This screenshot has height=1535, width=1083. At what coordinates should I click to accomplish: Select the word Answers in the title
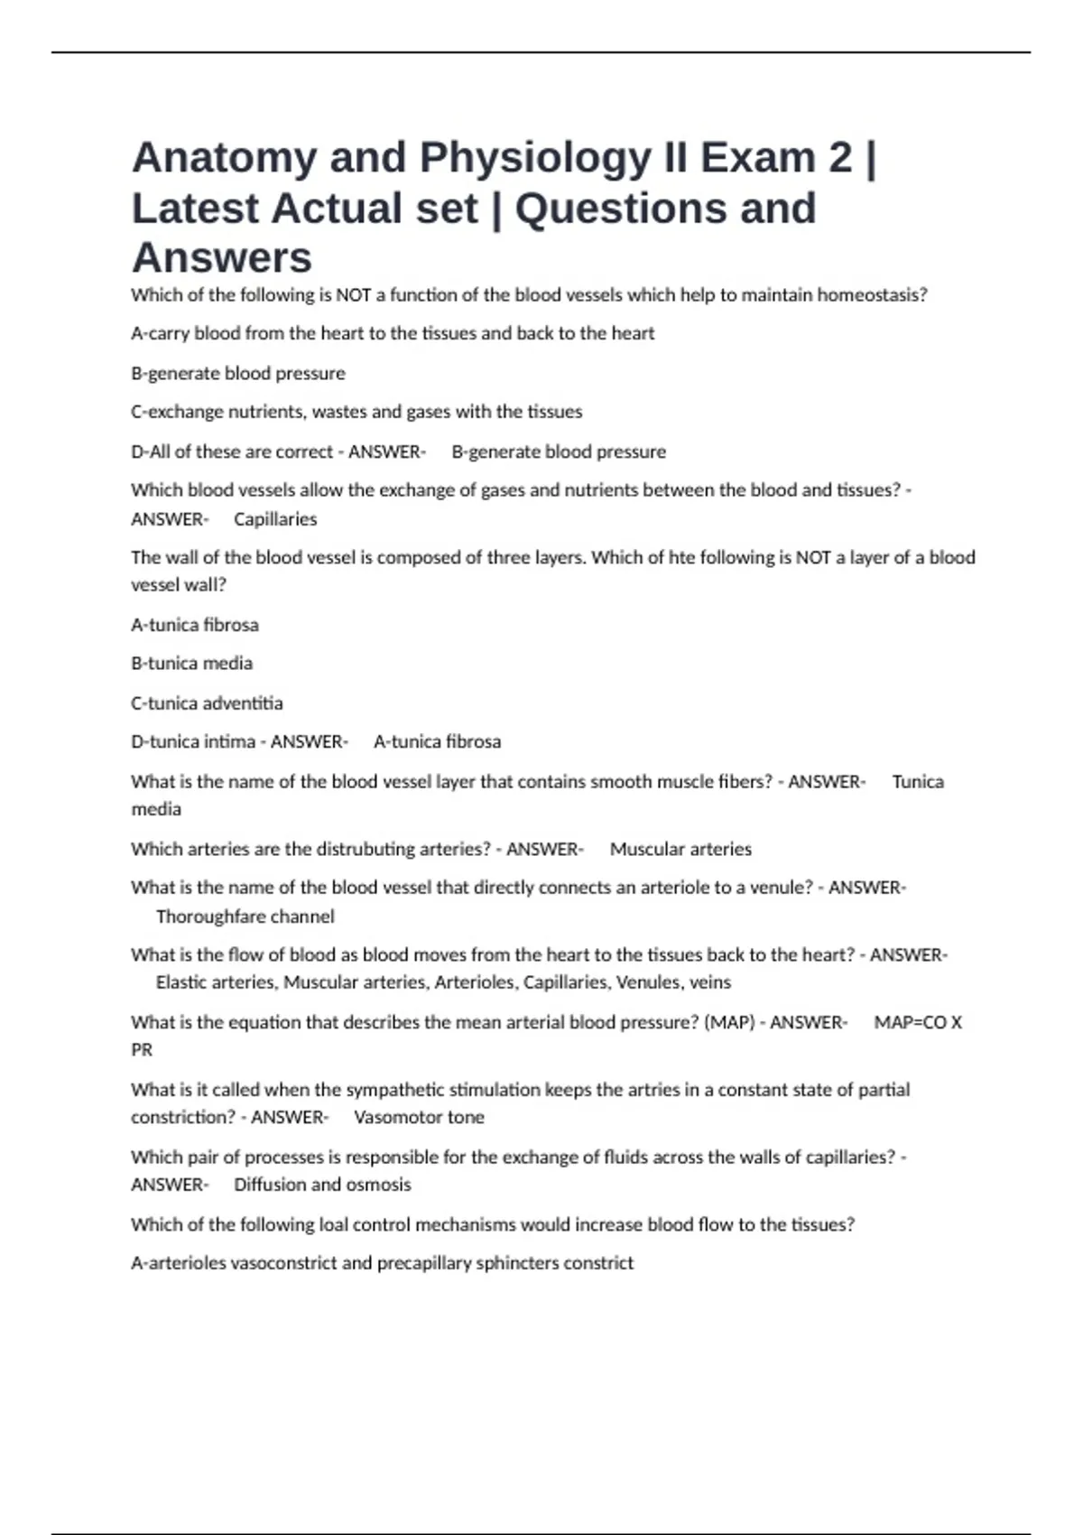click(222, 258)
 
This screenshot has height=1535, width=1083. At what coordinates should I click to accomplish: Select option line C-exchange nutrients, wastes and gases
click(356, 412)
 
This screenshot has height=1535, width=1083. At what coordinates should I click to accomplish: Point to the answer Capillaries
click(275, 519)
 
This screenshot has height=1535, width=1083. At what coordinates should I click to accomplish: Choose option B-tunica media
click(191, 664)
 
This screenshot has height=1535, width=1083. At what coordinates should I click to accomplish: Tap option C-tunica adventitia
click(207, 703)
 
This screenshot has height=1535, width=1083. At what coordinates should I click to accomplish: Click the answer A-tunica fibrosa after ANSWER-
click(437, 742)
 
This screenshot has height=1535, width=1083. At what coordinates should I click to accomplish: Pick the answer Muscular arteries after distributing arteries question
click(680, 850)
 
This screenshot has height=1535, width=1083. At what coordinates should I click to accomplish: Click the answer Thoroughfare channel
click(245, 916)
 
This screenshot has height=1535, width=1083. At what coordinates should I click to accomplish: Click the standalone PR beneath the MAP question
click(142, 1050)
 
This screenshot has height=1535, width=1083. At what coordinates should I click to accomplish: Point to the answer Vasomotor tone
click(419, 1118)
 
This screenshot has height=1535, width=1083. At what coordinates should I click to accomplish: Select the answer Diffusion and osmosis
click(322, 1185)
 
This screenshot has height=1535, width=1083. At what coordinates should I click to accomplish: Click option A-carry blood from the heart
click(393, 333)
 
